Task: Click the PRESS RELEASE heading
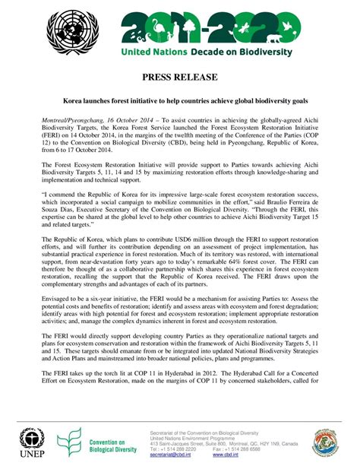point(179,78)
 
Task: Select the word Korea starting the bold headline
point(74,100)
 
